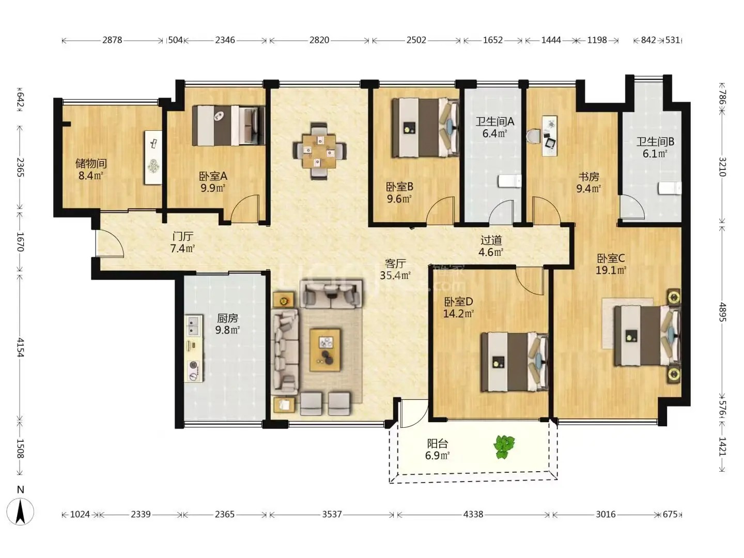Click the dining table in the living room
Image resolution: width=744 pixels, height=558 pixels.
click(319, 151)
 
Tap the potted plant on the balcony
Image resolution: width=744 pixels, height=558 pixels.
click(504, 447)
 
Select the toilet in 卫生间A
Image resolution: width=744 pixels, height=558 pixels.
click(509, 181)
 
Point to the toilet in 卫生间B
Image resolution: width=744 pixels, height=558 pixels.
click(670, 188)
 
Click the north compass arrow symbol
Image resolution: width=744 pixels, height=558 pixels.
click(20, 512)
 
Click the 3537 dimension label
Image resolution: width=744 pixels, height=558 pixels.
click(332, 514)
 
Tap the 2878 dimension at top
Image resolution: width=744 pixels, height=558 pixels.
click(112, 40)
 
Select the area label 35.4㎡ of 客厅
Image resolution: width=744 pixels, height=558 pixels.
click(395, 275)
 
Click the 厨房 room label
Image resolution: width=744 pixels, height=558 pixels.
click(227, 318)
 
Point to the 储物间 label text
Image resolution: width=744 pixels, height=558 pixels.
click(91, 164)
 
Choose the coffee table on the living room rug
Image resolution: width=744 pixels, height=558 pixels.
click(325, 350)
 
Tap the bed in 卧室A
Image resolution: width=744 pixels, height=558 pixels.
click(229, 126)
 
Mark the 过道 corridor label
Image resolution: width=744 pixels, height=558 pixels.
click(491, 240)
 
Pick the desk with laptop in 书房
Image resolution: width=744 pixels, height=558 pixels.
click(549, 136)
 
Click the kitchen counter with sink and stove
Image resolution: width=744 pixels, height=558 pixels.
click(194, 348)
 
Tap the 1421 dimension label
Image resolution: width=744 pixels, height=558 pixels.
click(722, 446)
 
